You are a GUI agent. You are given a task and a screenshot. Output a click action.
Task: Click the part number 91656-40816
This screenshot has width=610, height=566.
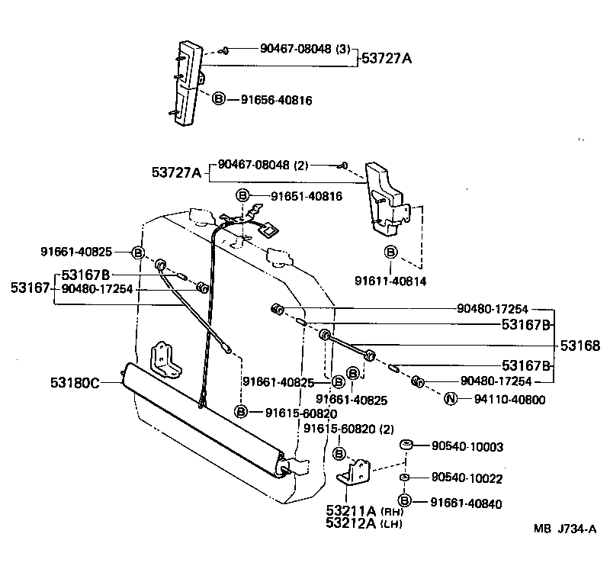[276, 99]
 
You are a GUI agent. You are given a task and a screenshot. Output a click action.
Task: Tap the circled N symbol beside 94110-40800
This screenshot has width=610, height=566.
[451, 399]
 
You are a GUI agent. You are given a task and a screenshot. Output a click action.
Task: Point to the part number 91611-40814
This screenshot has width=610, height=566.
[390, 281]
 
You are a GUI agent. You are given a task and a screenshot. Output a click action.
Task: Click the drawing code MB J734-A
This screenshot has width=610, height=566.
[564, 529]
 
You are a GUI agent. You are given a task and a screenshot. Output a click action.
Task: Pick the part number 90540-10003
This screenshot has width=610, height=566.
[467, 445]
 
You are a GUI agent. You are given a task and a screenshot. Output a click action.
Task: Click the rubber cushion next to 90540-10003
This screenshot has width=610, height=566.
[406, 445]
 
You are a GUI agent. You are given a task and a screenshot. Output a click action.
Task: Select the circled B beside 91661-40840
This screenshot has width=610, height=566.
[406, 501]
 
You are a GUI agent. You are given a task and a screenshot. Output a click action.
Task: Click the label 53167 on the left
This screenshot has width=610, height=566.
[30, 288]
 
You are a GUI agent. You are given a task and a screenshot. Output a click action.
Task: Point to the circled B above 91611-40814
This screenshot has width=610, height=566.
[390, 252]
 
